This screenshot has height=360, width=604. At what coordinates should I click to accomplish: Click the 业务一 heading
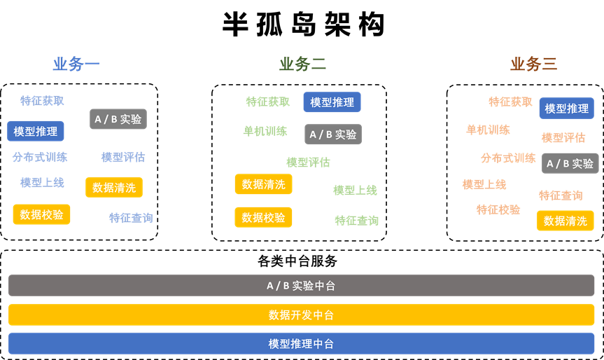click(x=76, y=64)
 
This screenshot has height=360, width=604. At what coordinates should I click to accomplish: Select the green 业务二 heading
click(x=302, y=64)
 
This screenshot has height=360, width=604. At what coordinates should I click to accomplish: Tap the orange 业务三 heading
click(x=533, y=64)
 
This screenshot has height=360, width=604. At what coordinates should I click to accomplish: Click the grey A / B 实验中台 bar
click(x=301, y=286)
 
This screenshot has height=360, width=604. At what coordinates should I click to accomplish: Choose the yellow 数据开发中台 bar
click(x=301, y=315)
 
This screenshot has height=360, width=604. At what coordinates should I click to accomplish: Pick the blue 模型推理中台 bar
click(x=301, y=344)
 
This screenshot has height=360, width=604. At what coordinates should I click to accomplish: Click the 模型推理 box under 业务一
click(x=36, y=131)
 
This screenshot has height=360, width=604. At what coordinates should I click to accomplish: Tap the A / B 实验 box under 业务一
click(x=118, y=119)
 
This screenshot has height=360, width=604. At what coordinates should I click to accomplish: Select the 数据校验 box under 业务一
click(x=41, y=214)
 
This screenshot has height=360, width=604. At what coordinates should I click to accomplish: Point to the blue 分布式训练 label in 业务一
click(x=40, y=157)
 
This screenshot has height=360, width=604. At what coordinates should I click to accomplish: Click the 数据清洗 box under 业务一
click(x=114, y=187)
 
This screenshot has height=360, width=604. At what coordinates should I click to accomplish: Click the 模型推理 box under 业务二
click(x=332, y=102)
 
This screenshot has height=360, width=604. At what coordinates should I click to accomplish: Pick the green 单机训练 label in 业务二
click(x=265, y=131)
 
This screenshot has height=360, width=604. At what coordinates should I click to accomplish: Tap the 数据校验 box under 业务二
click(x=263, y=217)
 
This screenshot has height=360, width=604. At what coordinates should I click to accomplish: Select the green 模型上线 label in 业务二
click(x=355, y=190)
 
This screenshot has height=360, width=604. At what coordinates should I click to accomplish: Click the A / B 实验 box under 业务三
click(x=570, y=163)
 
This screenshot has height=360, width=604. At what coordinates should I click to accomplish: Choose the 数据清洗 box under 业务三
click(x=565, y=221)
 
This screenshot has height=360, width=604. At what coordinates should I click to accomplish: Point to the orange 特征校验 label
click(x=498, y=209)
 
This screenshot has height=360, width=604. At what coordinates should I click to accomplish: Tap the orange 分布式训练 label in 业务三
click(x=508, y=158)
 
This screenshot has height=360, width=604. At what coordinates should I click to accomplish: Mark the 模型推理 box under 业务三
click(x=566, y=109)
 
